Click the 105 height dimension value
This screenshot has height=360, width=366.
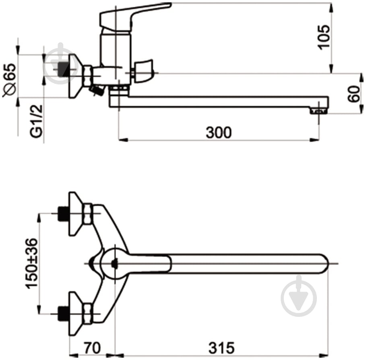[x=324, y=37]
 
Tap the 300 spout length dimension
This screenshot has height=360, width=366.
[x=219, y=132]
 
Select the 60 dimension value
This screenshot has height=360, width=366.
[x=354, y=94]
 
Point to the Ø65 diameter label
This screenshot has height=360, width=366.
[x=9, y=80]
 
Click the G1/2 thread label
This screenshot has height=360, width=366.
[x=36, y=121]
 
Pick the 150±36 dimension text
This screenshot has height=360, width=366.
[x=31, y=264]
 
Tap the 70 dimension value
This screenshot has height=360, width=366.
[x=92, y=348]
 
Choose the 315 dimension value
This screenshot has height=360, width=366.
[x=221, y=348]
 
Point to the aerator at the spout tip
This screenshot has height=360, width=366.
[x=319, y=111]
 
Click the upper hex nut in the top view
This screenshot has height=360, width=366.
[x=88, y=213]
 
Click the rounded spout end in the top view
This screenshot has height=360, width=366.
[x=325, y=264]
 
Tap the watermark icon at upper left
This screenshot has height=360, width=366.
[x=61, y=64]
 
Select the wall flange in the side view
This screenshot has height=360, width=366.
[x=76, y=76]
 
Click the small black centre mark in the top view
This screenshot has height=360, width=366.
[x=114, y=264]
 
